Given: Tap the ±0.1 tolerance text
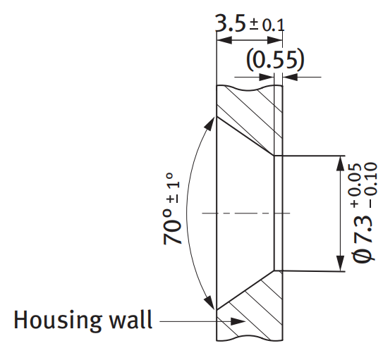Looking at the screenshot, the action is point(267,25).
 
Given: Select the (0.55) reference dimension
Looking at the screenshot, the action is point(275,59).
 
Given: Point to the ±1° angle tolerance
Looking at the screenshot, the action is point(174,188).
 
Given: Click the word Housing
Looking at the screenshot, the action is point(58,321).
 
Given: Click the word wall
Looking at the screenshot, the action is point(130,320).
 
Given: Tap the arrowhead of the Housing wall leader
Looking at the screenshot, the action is point(238,321).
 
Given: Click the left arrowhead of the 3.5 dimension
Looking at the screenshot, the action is point(224,40).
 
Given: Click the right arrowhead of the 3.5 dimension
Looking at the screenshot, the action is point(275,40).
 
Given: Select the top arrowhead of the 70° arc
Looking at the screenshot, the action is point(209,125).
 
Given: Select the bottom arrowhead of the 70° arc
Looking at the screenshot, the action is point(209,302).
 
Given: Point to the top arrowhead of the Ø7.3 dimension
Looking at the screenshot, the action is point(340,163).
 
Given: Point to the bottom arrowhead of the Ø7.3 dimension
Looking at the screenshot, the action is point(340,263).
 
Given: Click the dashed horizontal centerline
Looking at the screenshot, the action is point(246,213).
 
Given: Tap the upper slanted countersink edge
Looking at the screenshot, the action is point(245,136).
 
